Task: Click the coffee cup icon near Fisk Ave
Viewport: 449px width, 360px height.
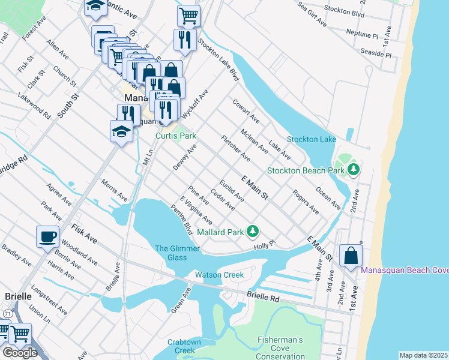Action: [x=47, y=237]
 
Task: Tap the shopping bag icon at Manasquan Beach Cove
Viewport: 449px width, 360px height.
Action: [x=351, y=256]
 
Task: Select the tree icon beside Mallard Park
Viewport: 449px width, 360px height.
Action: [x=253, y=231]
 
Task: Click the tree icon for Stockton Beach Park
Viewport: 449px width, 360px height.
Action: [x=354, y=170]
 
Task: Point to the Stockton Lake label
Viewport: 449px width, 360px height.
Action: [x=311, y=139]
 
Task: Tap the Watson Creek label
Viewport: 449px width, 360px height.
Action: [x=219, y=275]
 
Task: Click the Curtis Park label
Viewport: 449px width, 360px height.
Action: [x=176, y=136]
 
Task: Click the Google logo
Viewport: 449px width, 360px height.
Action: [x=20, y=353]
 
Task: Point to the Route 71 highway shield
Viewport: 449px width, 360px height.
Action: [x=7, y=314]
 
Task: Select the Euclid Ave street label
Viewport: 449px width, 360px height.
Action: [x=231, y=189]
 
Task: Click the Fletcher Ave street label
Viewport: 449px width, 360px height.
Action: [x=235, y=148]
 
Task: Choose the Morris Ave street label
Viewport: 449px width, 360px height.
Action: [x=114, y=190]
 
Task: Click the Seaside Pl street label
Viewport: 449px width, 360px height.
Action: [x=376, y=54]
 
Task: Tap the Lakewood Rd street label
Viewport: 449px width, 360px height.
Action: [x=34, y=103]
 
